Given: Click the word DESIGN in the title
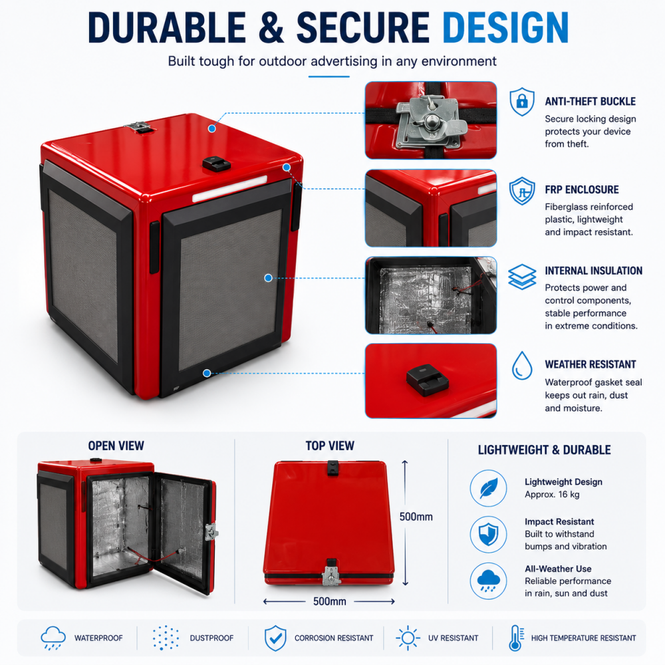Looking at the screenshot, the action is click(505, 27).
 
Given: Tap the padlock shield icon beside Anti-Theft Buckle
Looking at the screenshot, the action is click(521, 102).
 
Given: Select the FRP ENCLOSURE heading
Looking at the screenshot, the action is click(581, 190).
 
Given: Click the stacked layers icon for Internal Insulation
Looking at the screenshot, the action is click(522, 277).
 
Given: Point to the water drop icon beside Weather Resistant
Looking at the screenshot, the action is click(522, 365).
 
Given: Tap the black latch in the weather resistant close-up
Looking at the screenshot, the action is click(427, 379).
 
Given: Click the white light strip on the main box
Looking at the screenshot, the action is click(229, 189).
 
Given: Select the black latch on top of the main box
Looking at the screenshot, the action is click(216, 164).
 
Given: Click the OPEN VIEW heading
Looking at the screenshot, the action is click(116, 446).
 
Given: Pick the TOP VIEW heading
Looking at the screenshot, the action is click(330, 446).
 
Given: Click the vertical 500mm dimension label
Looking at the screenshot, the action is click(416, 517).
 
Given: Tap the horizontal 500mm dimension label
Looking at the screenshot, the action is click(330, 601).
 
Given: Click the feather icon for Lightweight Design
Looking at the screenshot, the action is click(488, 488).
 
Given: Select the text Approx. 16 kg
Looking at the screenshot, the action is click(552, 495).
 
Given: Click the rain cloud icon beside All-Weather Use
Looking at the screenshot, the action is click(488, 581).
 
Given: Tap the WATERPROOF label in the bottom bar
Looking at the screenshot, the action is click(98, 638).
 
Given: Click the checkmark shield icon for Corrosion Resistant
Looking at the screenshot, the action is click(275, 638).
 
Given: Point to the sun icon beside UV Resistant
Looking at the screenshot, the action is click(408, 638).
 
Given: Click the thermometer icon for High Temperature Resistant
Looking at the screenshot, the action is click(516, 638).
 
